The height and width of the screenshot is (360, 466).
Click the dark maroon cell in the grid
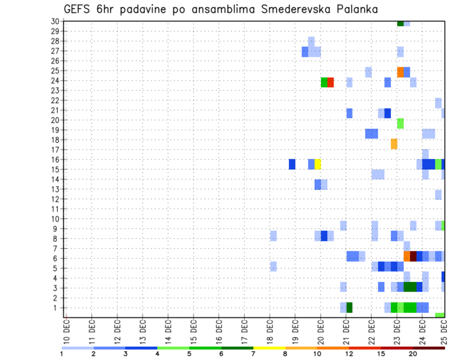point(413,256)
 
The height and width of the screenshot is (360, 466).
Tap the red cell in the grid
point(331,82)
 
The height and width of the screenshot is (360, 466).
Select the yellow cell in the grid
point(318,164)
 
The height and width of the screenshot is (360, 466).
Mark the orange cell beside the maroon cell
point(407,256)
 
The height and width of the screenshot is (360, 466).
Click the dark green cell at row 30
point(400,23)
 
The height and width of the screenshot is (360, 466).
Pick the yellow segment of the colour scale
point(269,348)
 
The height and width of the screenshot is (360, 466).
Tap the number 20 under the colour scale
point(413,354)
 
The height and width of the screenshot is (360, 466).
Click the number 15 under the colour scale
point(381,354)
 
